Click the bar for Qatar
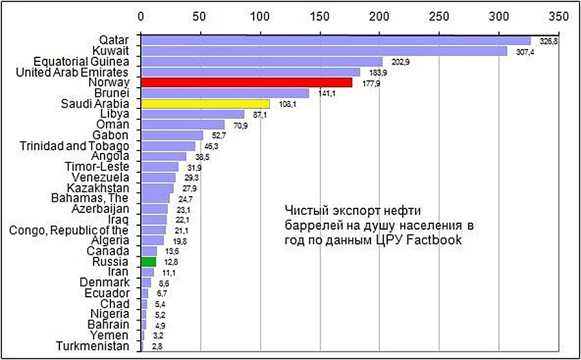point(336,41)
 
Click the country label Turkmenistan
point(92,346)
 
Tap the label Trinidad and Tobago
point(74,146)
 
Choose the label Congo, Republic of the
point(68,230)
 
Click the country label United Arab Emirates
point(72,72)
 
